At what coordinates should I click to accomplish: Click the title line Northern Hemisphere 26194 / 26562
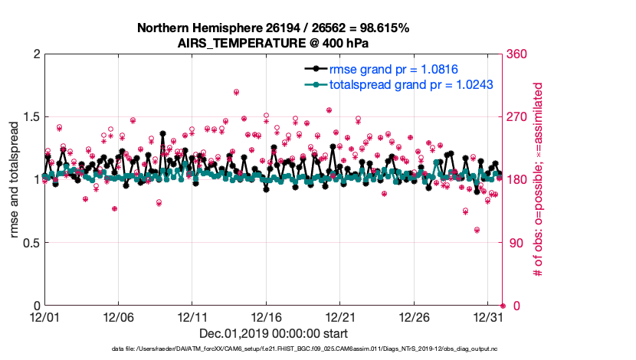(x=273, y=28)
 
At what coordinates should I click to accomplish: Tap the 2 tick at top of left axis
(x=35, y=54)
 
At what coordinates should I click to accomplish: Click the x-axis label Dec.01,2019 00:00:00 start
(x=273, y=333)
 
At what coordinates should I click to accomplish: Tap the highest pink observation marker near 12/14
(x=236, y=93)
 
